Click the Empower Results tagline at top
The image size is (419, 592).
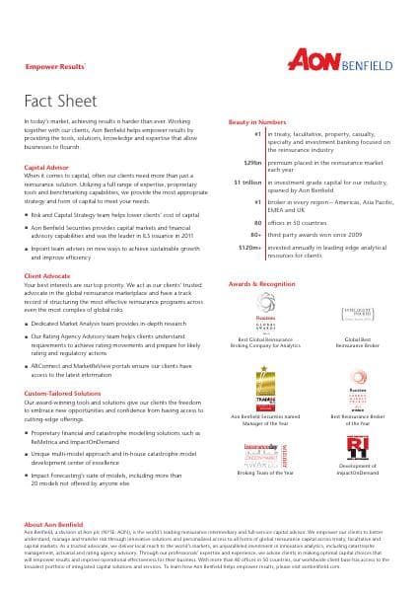coord(47,68)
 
